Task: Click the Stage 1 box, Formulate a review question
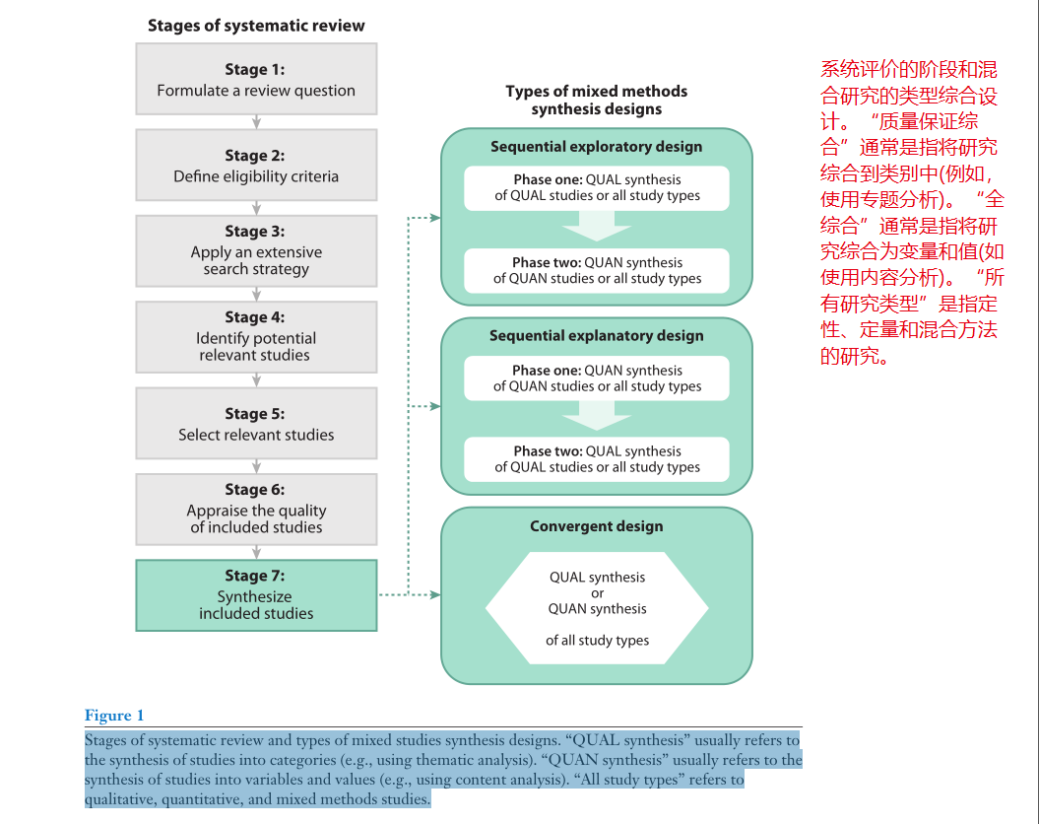coord(256,80)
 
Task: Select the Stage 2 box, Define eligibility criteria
coord(256,166)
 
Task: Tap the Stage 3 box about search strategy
coord(256,250)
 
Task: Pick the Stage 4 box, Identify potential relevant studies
coord(256,336)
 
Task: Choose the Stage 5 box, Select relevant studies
coord(256,424)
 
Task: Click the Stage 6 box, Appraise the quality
coord(256,509)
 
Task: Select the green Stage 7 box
coord(256,595)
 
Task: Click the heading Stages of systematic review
coord(256,26)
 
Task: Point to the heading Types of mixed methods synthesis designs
coord(597,100)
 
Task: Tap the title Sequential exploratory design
coord(597,147)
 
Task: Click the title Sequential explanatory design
coord(597,336)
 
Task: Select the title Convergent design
coord(597,526)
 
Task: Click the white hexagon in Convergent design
coord(597,608)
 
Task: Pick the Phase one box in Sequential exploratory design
coord(597,187)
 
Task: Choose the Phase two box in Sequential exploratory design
coord(597,270)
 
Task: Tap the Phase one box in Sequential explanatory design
coord(597,378)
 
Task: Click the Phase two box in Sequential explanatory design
coord(597,459)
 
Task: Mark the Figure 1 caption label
coord(114,716)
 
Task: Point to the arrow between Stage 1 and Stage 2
coord(256,122)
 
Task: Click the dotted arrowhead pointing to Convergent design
coord(434,594)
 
